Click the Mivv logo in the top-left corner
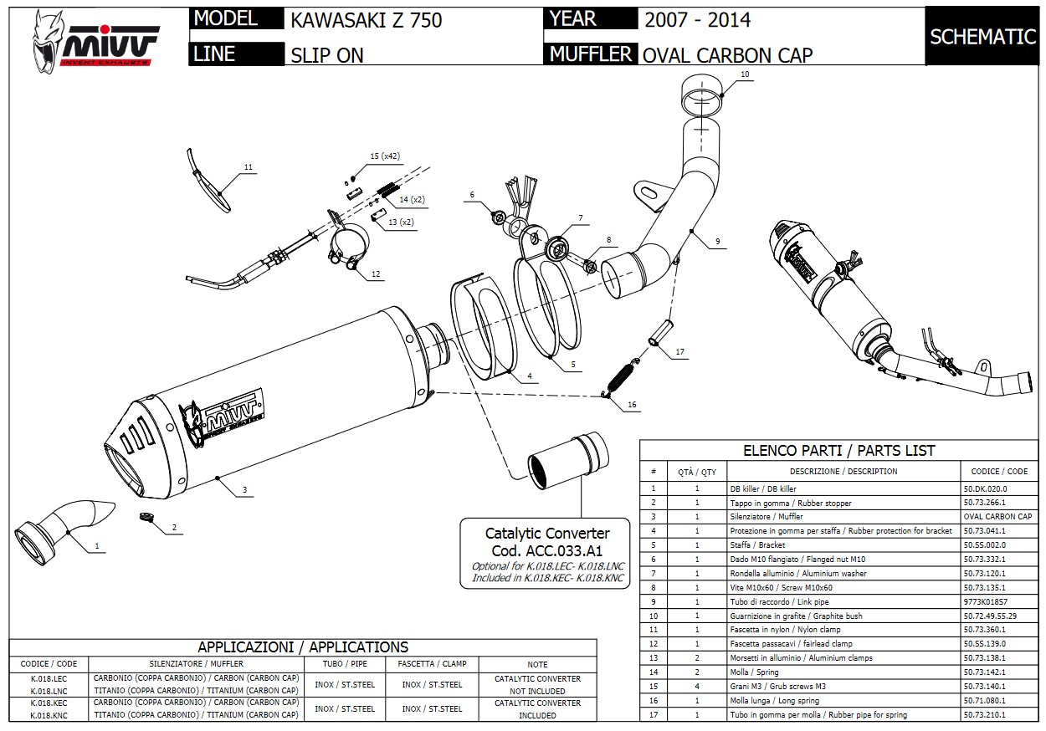(x=93, y=43)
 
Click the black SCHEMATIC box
(x=982, y=37)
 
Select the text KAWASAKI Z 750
(x=367, y=20)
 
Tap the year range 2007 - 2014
(x=697, y=20)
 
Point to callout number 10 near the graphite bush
(x=745, y=74)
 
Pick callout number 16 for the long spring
(x=632, y=405)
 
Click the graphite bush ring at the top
(x=701, y=95)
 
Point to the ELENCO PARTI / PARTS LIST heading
(x=838, y=450)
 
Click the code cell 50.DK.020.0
(x=985, y=488)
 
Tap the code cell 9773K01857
(x=985, y=601)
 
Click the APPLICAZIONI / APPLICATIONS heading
(x=303, y=647)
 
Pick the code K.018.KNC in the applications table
(x=49, y=715)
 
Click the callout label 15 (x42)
(x=385, y=156)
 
